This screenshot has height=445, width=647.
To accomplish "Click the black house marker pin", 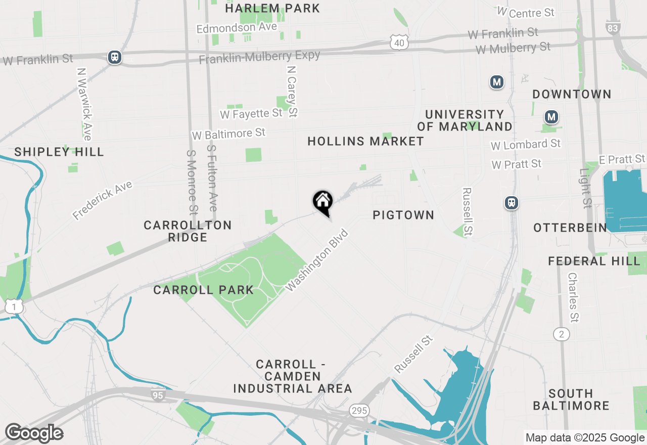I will pyautogui.click(x=322, y=202).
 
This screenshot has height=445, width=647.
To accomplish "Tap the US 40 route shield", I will pyautogui.click(x=399, y=43).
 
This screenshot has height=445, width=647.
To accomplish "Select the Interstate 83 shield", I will pyautogui.click(x=613, y=28).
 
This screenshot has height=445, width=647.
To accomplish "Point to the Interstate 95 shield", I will pyautogui.click(x=158, y=395).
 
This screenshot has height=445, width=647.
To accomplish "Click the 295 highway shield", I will pyautogui.click(x=359, y=410).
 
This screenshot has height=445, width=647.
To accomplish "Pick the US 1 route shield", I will pyautogui.click(x=14, y=306).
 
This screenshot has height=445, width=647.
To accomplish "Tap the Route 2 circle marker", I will pyautogui.click(x=561, y=334).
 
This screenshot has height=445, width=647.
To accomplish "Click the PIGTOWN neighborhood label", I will pyautogui.click(x=403, y=215).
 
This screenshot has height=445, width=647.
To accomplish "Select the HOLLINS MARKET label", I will pyautogui.click(x=365, y=141).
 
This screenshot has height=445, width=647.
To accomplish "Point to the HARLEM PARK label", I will pyautogui.click(x=272, y=8).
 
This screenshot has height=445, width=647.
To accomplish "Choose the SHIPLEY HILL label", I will pyautogui.click(x=59, y=152).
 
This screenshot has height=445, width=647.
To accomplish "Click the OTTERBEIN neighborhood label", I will pyautogui.click(x=570, y=228).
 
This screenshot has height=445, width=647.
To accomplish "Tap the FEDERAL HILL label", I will pyautogui.click(x=594, y=261).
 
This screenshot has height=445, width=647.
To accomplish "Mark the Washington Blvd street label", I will pyautogui.click(x=317, y=260).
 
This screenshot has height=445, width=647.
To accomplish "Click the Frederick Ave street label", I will pyautogui.click(x=102, y=200).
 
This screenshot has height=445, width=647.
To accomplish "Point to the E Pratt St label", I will pyautogui.click(x=622, y=159).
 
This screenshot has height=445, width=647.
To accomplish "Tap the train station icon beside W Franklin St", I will pyautogui.click(x=115, y=57).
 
